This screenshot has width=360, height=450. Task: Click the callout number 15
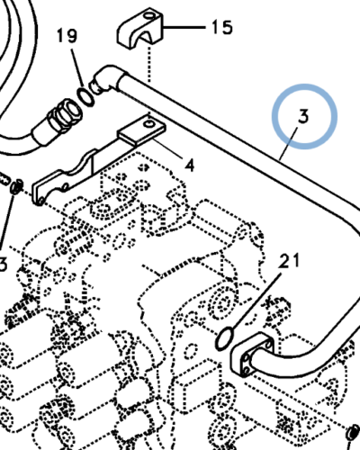coord(222,27)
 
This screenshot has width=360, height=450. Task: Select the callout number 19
coord(67,36)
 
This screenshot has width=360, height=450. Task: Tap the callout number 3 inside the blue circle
coord(303,116)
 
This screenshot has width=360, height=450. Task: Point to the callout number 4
coord(190,166)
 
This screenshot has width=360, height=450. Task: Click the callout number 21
coord(289,260)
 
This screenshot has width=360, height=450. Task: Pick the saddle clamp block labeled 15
coord(139,30)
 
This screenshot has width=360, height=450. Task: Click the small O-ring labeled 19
coord(86,96)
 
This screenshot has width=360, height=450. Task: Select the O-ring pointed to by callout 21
coord(224,338)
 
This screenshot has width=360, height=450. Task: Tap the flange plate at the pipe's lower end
coord(253,354)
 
